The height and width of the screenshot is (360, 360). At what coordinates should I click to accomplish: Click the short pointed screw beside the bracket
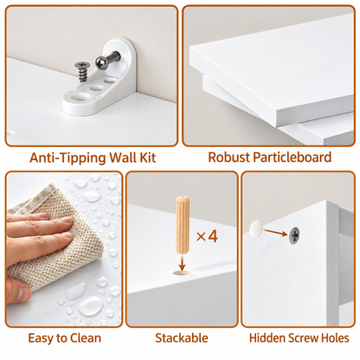click(80, 72)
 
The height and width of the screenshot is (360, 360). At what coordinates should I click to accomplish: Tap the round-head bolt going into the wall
click(107, 60)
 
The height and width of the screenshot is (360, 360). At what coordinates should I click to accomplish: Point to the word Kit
click(147, 157)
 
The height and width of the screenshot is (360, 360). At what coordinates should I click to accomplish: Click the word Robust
click(228, 157)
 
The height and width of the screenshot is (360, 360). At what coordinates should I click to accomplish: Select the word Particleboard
click(292, 157)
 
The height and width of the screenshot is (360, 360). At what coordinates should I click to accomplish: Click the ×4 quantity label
click(207, 236)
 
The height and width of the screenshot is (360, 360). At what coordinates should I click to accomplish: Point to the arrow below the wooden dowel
click(182, 263)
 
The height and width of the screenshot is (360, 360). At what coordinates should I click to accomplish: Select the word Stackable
click(182, 338)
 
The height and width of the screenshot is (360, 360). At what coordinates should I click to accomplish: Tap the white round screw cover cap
click(256, 227)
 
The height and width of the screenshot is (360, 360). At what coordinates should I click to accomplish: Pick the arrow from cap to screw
click(275, 232)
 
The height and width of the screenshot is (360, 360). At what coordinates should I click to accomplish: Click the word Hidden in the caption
click(267, 338)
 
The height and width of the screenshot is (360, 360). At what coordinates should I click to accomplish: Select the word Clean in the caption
click(85, 338)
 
